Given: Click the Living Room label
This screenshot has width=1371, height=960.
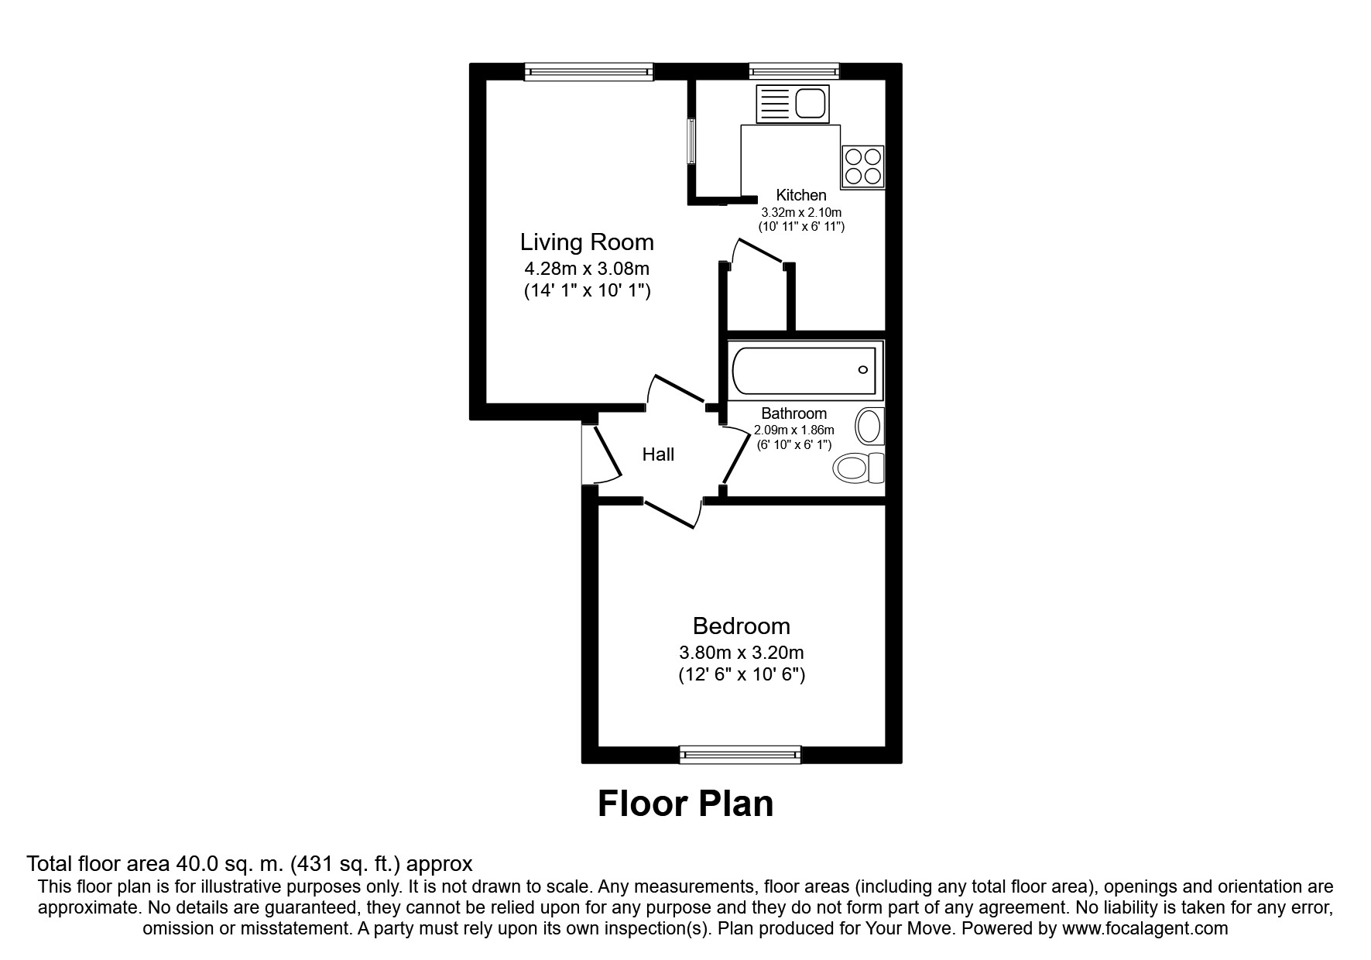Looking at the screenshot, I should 587,242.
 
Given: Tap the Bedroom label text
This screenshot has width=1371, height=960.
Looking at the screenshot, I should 741,626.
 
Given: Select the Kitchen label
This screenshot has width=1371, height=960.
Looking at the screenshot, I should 801,195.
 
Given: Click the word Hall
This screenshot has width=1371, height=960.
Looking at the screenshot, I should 658,454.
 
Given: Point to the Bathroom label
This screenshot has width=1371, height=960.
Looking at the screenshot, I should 793,413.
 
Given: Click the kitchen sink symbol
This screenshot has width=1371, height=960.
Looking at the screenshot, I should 792,104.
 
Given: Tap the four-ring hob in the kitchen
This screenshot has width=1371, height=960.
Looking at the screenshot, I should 863,166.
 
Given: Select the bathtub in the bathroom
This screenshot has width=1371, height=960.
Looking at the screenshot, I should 804,371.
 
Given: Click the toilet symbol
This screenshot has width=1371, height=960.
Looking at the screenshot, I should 859,468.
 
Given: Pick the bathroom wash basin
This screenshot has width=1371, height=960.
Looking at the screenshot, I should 869,427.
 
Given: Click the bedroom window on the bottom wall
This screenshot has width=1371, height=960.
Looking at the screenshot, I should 740,754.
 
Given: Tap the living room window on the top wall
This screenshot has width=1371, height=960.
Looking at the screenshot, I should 588,72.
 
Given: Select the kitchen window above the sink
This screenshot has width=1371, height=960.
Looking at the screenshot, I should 793,72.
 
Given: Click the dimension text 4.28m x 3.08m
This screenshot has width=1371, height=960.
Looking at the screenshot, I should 587,269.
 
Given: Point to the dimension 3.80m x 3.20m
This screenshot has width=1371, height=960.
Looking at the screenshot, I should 741,653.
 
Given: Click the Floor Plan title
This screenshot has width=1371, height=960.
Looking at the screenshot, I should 685,804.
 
